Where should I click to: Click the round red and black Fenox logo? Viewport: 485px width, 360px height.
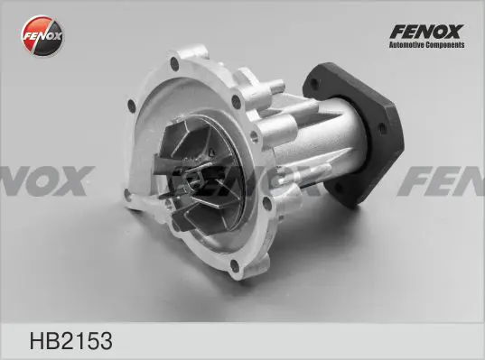[42, 35]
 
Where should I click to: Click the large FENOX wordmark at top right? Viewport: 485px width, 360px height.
[426, 32]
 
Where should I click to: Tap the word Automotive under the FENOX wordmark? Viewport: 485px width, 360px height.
[406, 45]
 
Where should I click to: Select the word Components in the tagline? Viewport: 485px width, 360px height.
[445, 45]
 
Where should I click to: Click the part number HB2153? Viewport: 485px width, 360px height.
[70, 341]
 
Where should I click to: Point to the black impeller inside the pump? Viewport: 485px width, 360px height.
[198, 176]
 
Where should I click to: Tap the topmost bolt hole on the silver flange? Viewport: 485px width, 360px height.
[174, 64]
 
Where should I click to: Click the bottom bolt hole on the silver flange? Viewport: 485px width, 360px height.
[235, 266]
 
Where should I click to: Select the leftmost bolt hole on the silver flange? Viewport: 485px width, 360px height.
[132, 106]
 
